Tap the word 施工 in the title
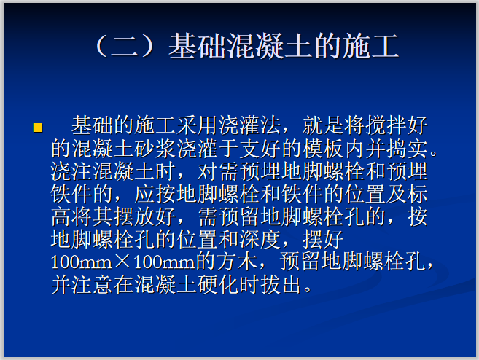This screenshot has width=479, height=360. [375, 47]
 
